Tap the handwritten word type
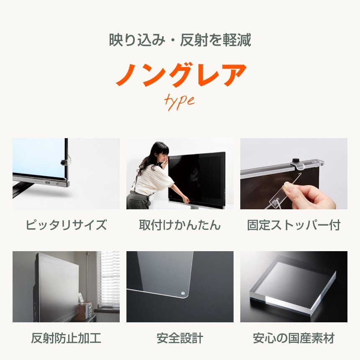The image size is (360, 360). tap(179, 101)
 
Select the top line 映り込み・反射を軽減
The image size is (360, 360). tap(180, 41)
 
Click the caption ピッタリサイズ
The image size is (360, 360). tap(66, 225)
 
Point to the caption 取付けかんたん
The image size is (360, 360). tap(180, 225)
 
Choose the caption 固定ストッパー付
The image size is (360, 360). tap(294, 225)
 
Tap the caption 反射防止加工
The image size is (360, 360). tap(66, 338)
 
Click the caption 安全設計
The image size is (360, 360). tap(180, 338)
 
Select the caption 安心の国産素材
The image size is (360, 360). tap(294, 338)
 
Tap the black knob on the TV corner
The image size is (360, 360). tap(64, 162)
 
